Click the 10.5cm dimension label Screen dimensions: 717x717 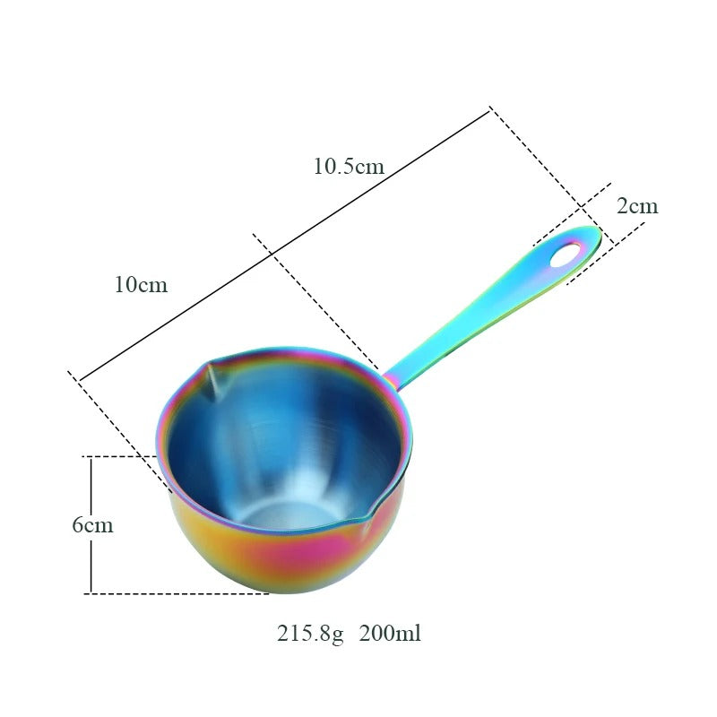(x=348, y=166)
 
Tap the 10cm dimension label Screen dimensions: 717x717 (x=141, y=285)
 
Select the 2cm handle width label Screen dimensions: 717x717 (x=637, y=206)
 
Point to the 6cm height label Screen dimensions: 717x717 (x=92, y=525)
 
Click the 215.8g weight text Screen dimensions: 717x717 (x=309, y=634)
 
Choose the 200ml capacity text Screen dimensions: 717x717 (x=390, y=634)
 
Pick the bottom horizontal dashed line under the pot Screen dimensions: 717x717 (x=179, y=593)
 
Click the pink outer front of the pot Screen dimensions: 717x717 (x=269, y=565)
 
